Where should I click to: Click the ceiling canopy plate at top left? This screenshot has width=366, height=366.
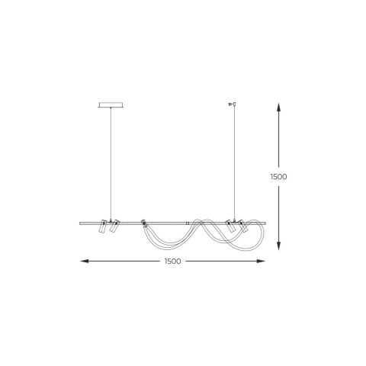tap(111, 105)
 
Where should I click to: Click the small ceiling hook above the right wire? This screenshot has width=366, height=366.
tap(233, 104)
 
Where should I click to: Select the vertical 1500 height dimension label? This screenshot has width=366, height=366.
tap(278, 177)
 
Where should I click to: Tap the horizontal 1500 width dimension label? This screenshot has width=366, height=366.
tap(173, 262)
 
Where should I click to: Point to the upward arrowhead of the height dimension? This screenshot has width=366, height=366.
tap(278, 107)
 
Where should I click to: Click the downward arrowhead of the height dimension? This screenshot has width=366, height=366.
tap(278, 246)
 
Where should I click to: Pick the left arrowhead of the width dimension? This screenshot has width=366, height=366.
tap(85, 261)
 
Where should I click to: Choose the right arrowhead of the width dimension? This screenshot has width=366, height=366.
tap(261, 261)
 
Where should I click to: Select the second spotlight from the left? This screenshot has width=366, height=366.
tap(114, 226)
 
